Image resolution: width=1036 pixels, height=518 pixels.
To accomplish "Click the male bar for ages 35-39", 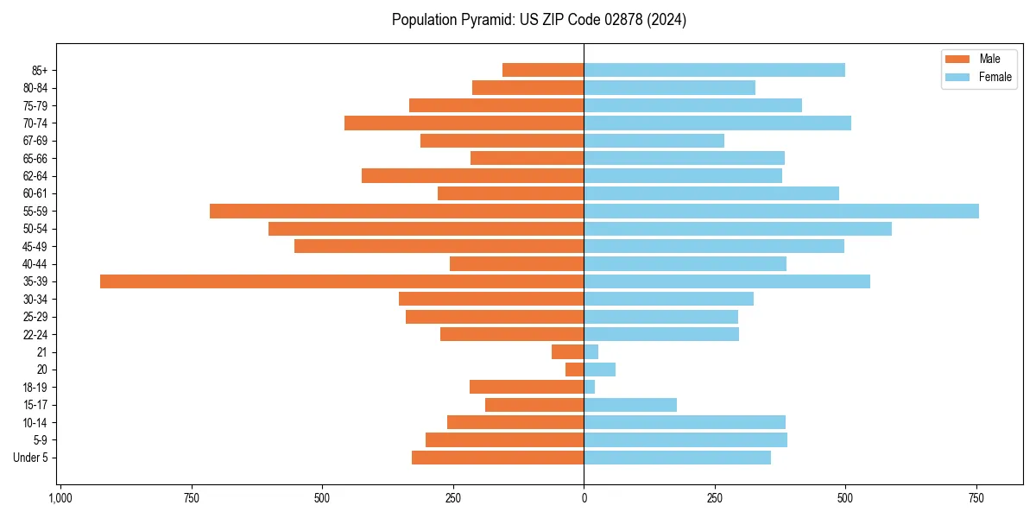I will pos(342,281).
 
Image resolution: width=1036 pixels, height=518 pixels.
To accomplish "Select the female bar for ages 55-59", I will pos(781,212).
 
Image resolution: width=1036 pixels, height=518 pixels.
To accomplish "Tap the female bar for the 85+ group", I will pos(714,70).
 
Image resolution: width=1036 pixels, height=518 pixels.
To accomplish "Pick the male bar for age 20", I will pos(575,370).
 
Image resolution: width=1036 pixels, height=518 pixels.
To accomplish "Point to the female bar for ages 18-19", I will pos(590,387).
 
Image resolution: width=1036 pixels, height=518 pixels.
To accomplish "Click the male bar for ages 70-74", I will pos(464,123).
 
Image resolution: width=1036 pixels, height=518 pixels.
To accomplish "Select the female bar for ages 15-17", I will pos(630,405).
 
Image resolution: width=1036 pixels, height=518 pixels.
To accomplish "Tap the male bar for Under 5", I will pos(497,458).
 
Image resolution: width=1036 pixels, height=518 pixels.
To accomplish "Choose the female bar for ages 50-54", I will pos(737,229).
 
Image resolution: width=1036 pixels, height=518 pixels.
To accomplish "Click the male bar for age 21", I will pos(568,352).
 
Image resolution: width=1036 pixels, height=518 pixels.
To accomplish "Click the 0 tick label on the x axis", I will pos(584,499).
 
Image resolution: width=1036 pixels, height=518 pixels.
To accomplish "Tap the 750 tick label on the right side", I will pos(976,499).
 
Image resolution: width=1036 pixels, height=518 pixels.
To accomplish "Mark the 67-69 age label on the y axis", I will pos(35,141).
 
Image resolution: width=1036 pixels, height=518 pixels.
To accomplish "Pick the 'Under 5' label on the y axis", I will pos(30,458).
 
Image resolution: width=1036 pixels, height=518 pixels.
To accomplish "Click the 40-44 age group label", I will pos(35,264).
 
